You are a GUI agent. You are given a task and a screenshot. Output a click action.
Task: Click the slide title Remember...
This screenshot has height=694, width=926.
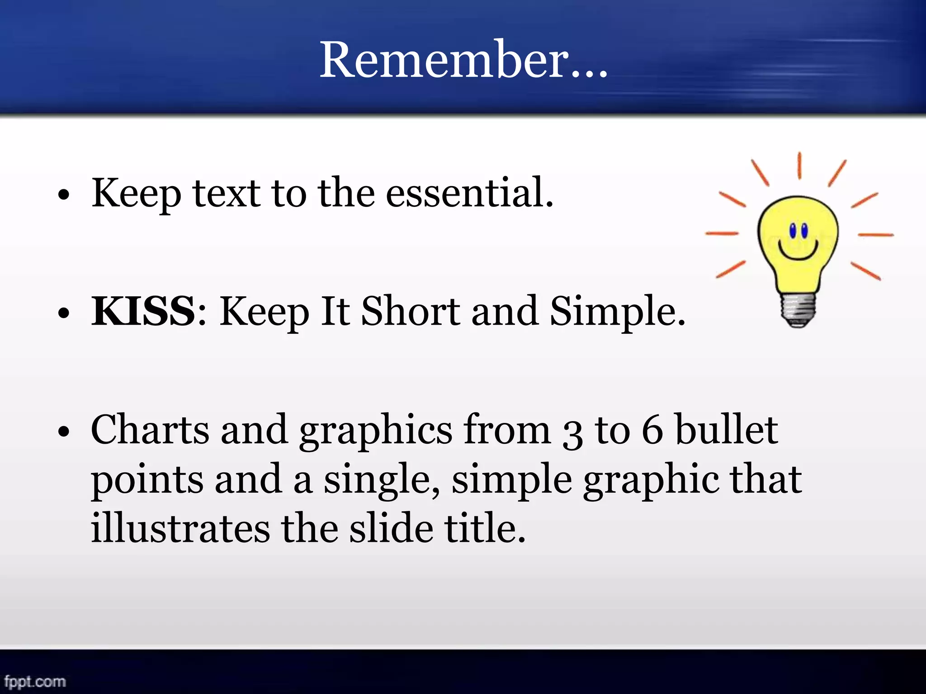pos(463,60)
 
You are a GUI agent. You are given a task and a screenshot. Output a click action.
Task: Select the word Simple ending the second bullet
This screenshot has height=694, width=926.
pos(617,312)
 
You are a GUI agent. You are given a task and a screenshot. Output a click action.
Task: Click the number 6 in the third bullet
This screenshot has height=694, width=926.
pos(652,430)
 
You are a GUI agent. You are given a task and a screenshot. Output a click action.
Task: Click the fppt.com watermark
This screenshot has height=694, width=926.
pos(35,681)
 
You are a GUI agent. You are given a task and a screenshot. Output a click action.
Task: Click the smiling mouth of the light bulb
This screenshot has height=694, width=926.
pos(798,251)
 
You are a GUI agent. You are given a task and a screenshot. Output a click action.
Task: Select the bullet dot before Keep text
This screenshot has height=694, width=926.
pos(64,195)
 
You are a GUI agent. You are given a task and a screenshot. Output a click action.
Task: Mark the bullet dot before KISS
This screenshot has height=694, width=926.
pos(64,313)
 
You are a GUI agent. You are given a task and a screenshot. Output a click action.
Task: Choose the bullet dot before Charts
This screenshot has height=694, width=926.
pos(64,431)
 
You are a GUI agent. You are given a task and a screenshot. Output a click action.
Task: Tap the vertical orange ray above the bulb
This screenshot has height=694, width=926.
pos(799,165)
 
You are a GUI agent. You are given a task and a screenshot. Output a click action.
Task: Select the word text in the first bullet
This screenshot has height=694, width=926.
pos(227,193)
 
